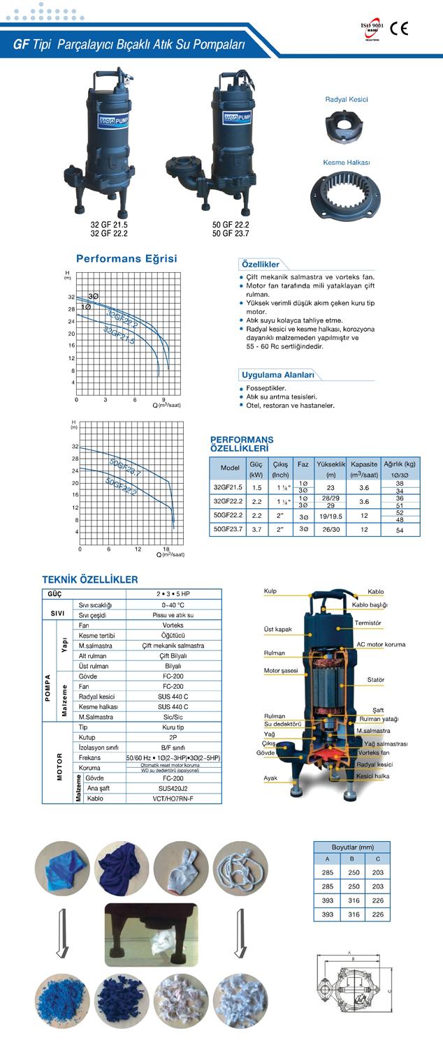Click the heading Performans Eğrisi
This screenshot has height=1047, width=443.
[126, 258]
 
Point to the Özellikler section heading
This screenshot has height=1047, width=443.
[261, 265]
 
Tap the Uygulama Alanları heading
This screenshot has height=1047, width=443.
[277, 374]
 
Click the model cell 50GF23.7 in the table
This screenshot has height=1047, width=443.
[230, 530]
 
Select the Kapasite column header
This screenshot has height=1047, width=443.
[364, 463]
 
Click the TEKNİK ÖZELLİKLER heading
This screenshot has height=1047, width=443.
[90, 579]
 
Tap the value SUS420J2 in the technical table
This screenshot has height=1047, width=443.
[173, 787]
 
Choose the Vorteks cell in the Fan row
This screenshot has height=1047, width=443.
[173, 626]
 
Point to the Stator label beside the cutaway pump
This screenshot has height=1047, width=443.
[376, 680]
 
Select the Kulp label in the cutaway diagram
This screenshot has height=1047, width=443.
[270, 591]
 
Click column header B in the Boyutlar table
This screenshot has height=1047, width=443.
[353, 859]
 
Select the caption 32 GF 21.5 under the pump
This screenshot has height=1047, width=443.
[108, 225]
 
